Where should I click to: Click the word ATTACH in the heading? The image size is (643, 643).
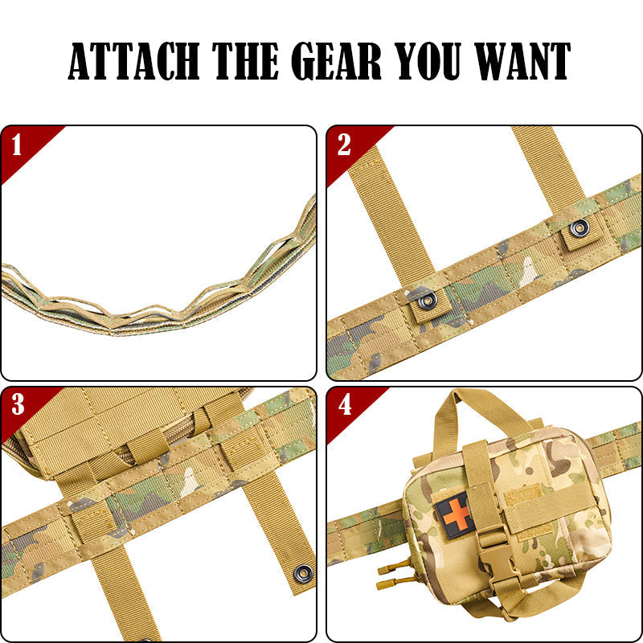133,61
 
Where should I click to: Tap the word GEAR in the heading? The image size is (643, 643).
336,61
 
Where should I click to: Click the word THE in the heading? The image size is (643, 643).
245,61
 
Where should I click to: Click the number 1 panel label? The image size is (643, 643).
16,145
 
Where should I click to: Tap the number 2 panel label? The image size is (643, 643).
344,145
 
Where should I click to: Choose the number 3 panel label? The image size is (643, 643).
18,404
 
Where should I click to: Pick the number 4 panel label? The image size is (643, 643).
345,405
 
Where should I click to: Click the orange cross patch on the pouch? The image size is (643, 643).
456,515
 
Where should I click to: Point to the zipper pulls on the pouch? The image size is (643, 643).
395,575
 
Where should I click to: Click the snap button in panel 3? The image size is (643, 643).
304,573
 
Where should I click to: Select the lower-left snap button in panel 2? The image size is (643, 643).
427,301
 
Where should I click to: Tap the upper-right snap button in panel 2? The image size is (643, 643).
579,227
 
